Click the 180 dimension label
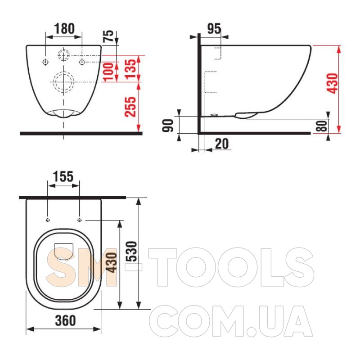(64, 29)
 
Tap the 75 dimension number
(108, 36)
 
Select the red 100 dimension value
(108, 72)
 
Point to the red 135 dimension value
(131, 69)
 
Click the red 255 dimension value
(130, 107)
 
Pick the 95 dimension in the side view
(214, 29)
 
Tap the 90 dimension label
(167, 126)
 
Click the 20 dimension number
(222, 144)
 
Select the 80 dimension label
(321, 126)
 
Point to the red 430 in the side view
(332, 83)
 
